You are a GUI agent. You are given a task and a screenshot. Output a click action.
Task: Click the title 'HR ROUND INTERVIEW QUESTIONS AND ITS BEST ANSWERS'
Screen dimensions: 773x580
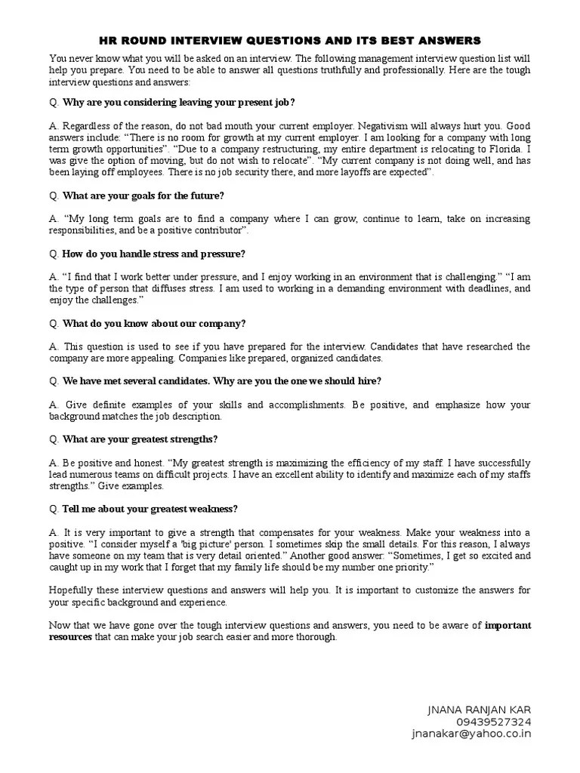tap(290, 40)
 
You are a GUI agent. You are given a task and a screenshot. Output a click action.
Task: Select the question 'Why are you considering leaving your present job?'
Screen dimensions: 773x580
tap(178, 102)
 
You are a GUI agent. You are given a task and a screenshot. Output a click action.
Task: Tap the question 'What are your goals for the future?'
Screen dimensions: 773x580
tap(143, 196)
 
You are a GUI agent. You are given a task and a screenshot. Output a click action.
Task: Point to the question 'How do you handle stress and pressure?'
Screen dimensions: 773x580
tap(153, 254)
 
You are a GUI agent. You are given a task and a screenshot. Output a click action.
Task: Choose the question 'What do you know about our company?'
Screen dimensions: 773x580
tap(153, 323)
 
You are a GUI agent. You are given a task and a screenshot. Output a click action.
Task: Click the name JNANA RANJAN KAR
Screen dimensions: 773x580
tap(480, 710)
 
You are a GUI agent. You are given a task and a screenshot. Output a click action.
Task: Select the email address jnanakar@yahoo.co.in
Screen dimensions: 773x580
tap(471, 734)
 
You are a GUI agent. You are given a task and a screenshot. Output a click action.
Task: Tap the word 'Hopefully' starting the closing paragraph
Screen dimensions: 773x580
tap(74, 590)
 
